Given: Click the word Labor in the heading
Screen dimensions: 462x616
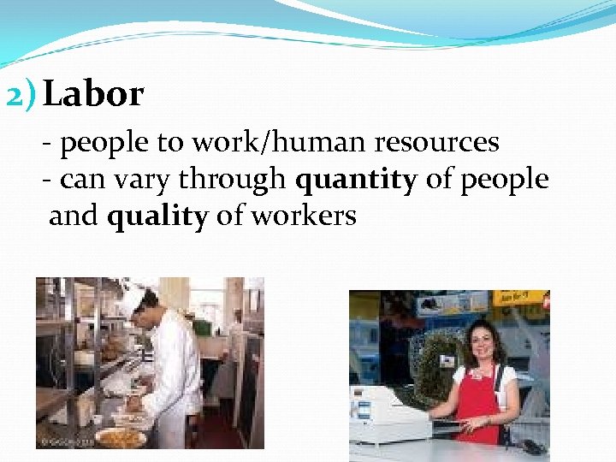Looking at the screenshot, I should (93, 95).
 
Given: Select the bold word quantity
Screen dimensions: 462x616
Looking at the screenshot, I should (355, 180).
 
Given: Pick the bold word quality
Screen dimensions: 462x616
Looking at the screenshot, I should (157, 216).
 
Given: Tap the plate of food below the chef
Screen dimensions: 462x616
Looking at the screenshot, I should (119, 436).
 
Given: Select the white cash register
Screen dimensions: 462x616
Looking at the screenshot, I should (390, 411).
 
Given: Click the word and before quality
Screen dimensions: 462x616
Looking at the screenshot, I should (74, 216).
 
